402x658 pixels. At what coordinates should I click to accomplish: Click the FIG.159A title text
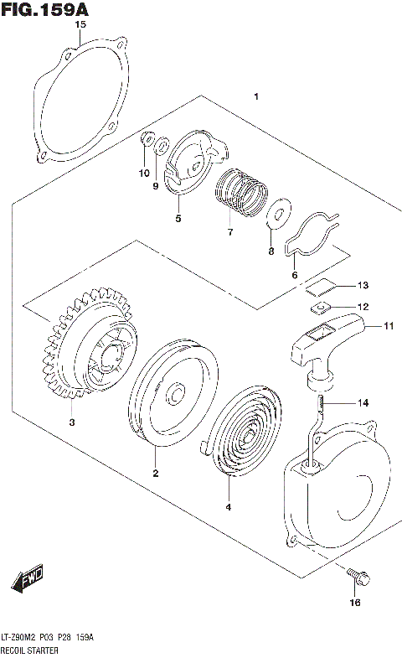pyautogui.click(x=45, y=9)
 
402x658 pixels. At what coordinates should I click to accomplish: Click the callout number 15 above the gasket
pyautogui.click(x=80, y=25)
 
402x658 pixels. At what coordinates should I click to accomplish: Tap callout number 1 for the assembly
pyautogui.click(x=257, y=98)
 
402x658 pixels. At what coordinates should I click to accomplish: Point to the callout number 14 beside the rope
pyautogui.click(x=363, y=402)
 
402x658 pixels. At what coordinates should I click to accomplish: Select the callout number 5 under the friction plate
pyautogui.click(x=178, y=219)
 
